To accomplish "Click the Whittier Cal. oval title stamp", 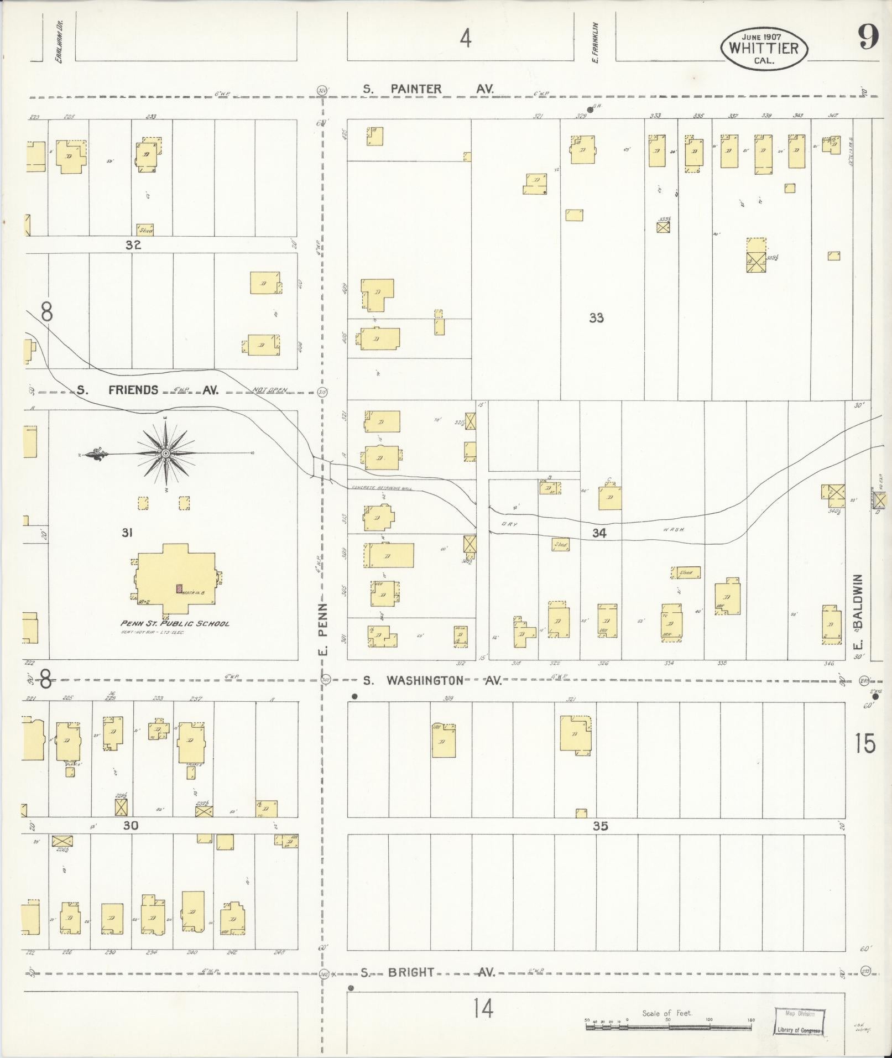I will [764, 48].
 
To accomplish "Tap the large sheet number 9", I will [868, 38].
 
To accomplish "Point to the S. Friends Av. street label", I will [148, 390].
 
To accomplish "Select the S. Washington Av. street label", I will [432, 680].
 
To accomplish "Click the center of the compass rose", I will [165, 454].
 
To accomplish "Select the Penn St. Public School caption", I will [175, 623].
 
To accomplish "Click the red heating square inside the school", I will [179, 589].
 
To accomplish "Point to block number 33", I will [596, 318].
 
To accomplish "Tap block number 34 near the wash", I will [599, 533].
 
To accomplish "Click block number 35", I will [601, 826].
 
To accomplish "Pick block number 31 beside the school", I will [127, 533].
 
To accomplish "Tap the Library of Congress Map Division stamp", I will [799, 1021].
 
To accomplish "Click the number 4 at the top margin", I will [466, 39].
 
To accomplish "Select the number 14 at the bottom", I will [483, 1009].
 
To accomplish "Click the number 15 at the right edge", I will [865, 743].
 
